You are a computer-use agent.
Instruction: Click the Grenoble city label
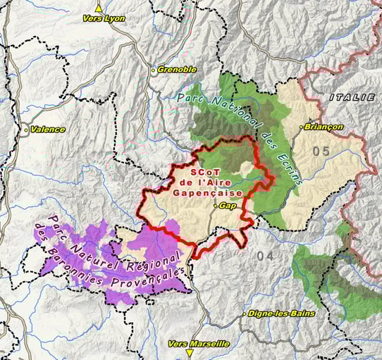click(177, 70)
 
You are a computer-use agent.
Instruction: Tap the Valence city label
click(48, 130)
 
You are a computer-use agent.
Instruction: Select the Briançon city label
click(325, 127)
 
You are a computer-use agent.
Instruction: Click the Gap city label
click(227, 206)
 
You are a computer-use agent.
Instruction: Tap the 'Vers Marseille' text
click(199, 343)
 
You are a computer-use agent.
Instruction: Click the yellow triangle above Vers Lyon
click(99, 8)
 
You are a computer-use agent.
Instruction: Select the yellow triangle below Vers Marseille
click(190, 352)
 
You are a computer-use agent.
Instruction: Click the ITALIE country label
click(352, 97)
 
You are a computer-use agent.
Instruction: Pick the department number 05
click(321, 151)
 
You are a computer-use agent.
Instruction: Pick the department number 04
click(266, 254)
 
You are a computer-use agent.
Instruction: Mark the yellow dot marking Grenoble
click(154, 70)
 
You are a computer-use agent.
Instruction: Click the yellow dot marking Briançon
click(302, 127)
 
